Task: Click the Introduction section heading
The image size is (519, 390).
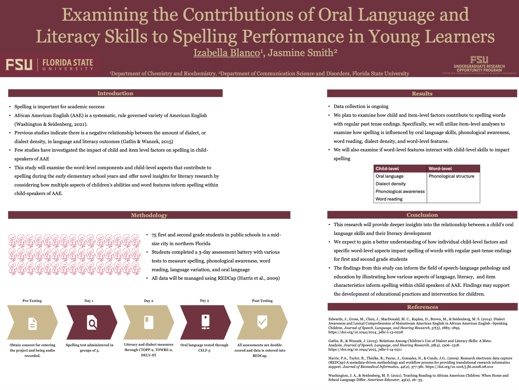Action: (x=115, y=93)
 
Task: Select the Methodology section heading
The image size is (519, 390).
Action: (x=149, y=215)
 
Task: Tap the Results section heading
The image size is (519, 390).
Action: (x=422, y=94)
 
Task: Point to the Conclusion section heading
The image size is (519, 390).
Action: (x=422, y=215)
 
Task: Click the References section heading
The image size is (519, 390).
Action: (x=422, y=307)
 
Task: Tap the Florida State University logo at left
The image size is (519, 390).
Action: (x=49, y=65)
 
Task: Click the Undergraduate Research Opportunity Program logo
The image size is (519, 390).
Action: (x=479, y=65)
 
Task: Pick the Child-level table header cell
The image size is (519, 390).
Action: (x=387, y=169)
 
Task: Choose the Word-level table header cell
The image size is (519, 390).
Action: (x=440, y=169)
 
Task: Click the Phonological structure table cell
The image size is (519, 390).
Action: (x=451, y=176)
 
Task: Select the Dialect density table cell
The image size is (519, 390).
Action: (x=391, y=184)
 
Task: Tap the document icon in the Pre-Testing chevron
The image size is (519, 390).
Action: (x=33, y=324)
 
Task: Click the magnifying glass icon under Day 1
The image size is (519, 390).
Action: (x=92, y=323)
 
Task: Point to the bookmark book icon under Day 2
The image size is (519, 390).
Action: (x=148, y=322)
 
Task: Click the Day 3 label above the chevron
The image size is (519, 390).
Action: (x=204, y=300)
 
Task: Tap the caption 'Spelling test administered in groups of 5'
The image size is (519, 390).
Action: (x=90, y=348)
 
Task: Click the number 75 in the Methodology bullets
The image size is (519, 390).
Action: (x=154, y=235)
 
